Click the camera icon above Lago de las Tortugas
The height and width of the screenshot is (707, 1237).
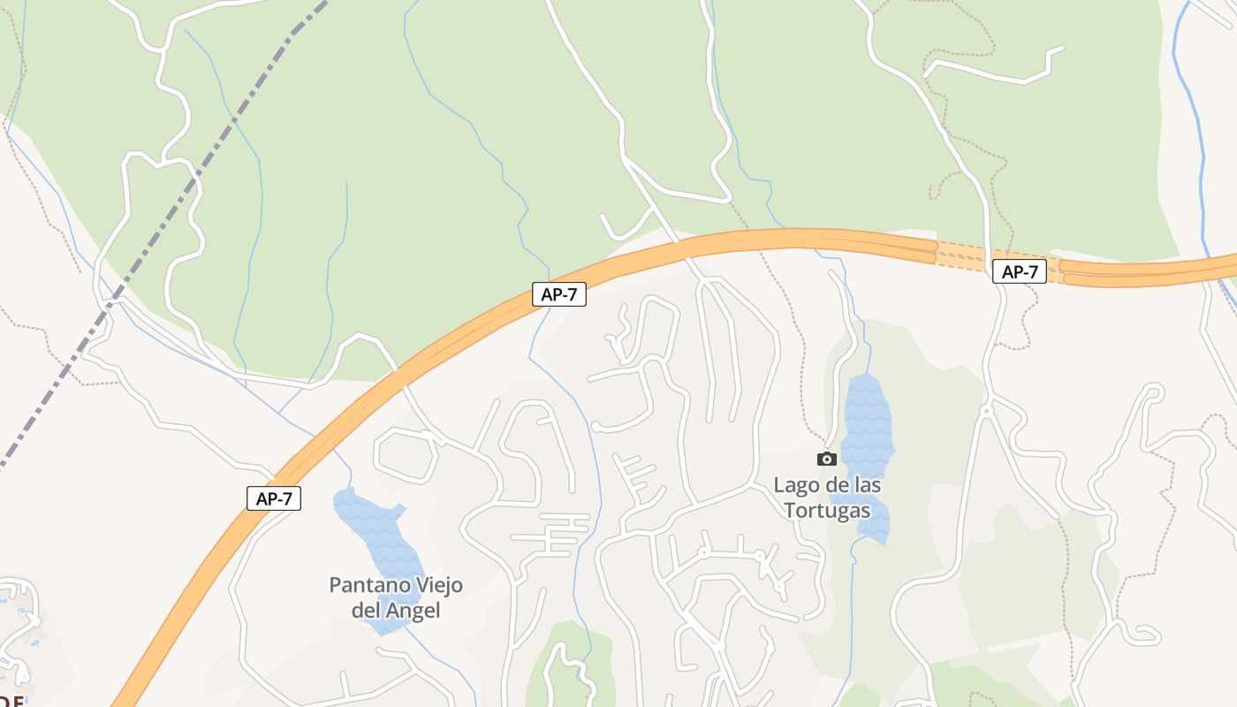[x=827, y=459]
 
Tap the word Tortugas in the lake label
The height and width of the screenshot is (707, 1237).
[x=827, y=511]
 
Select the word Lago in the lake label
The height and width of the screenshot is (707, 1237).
[x=795, y=485]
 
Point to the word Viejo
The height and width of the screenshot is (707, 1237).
[x=435, y=585]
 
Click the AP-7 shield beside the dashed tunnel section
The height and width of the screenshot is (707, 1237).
[x=1020, y=271]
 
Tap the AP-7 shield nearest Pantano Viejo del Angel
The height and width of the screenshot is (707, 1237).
[x=274, y=498]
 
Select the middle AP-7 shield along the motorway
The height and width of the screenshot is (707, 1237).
[x=559, y=294]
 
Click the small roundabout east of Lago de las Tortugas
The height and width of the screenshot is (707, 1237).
[x=986, y=411]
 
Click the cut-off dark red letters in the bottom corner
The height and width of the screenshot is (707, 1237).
[x=12, y=701]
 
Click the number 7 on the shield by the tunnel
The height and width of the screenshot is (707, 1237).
[x=1032, y=271]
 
